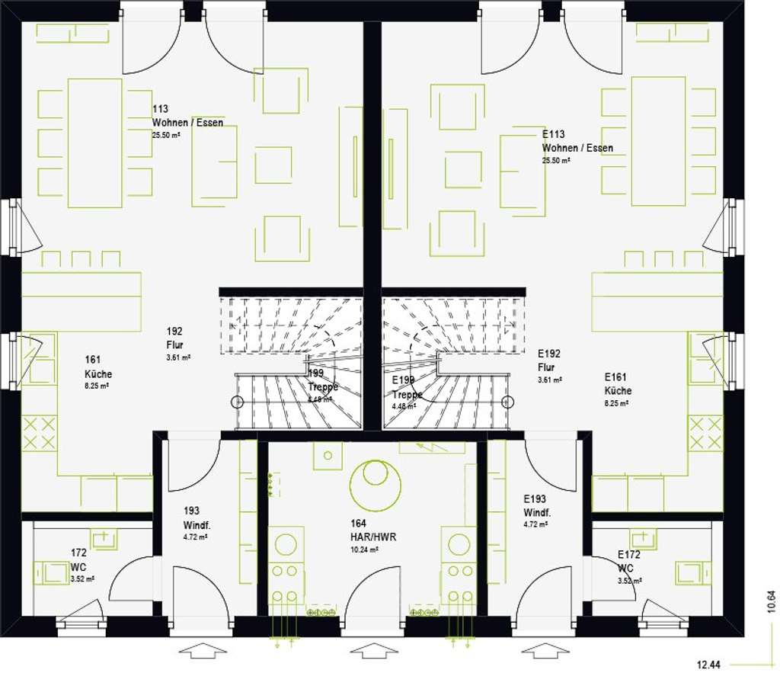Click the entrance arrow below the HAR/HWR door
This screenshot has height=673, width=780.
[x=373, y=651]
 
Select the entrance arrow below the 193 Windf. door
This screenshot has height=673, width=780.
[x=201, y=651]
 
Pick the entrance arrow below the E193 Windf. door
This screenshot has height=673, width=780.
[x=544, y=651]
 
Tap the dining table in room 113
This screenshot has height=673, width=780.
[x=95, y=143]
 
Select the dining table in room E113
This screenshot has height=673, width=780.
[x=658, y=141]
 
